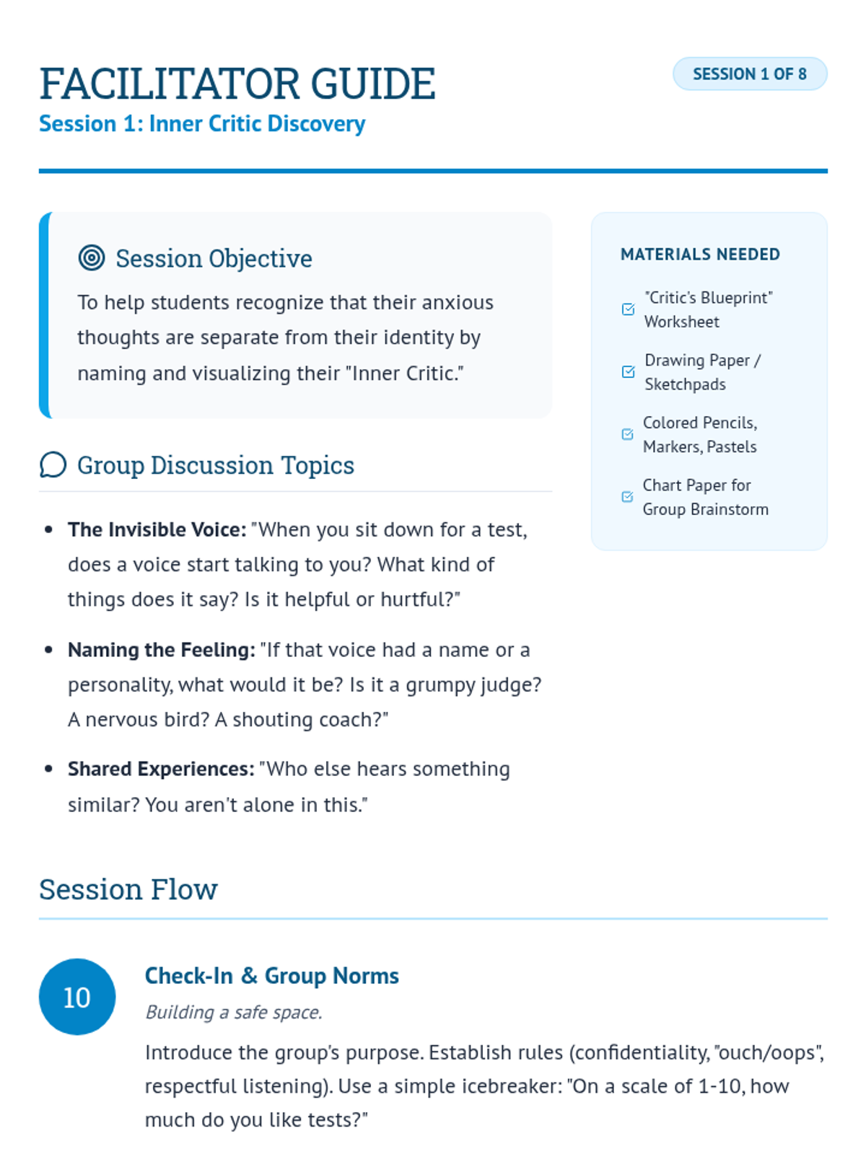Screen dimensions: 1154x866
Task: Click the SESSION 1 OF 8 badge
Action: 750,74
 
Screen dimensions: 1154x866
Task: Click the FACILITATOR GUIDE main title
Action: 237,84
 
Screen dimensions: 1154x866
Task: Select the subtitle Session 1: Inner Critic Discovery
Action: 202,124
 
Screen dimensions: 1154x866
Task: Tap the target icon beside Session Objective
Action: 92,257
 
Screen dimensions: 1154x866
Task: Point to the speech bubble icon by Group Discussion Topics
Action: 53,465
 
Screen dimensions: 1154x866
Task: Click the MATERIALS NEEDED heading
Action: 700,255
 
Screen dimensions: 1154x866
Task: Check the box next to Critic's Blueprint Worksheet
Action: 628,309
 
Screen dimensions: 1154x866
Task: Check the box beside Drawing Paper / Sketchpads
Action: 628,372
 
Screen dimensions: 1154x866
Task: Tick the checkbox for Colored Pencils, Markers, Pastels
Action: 627,434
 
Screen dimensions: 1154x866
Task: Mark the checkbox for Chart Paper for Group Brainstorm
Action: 627,497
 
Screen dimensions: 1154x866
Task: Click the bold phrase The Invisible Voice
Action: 157,530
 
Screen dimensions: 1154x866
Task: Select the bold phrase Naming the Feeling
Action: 161,651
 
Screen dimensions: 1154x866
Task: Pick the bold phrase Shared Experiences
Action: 161,770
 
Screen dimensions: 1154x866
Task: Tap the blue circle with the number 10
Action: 77,997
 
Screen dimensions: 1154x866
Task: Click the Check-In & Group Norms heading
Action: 271,976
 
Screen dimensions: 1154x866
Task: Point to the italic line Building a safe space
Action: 233,1013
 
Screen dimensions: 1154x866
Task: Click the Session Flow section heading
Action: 128,890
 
